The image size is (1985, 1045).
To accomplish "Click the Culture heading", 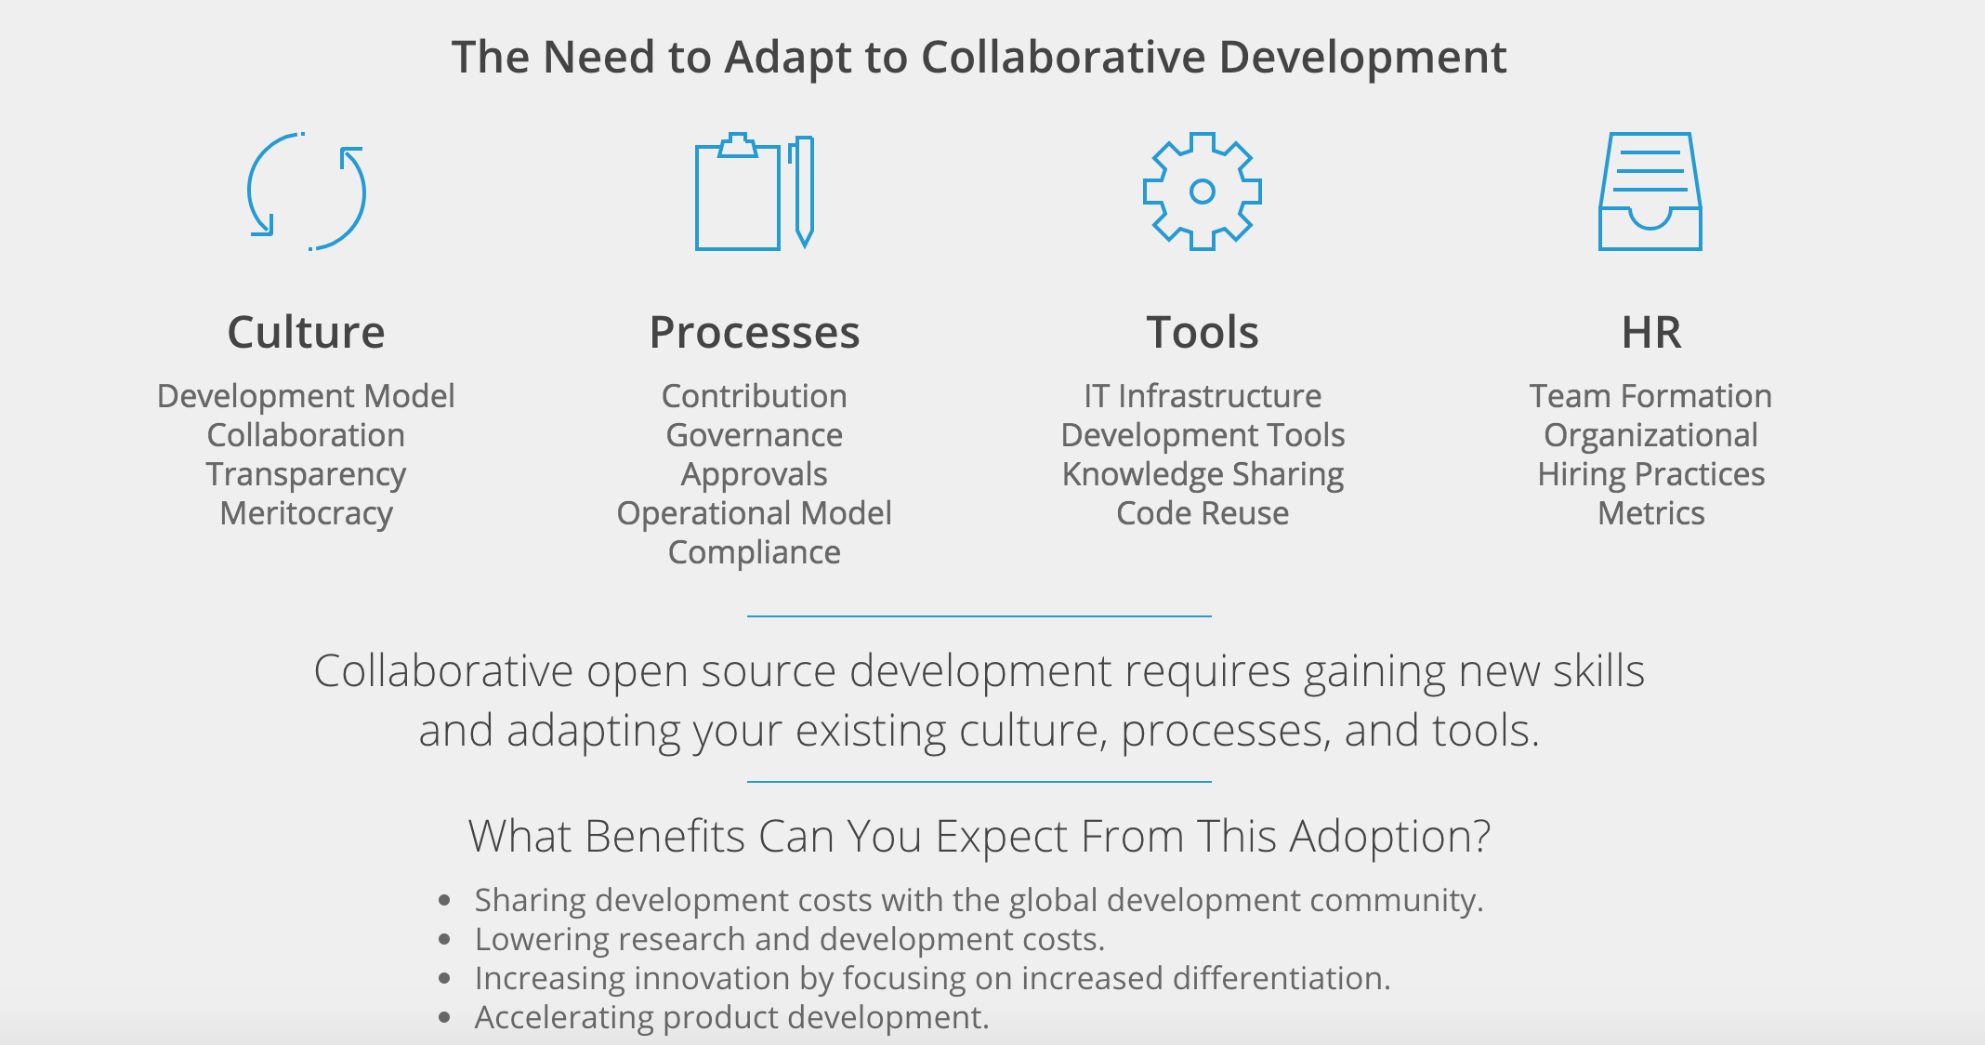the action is (306, 332).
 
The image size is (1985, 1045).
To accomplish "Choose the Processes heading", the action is (755, 332).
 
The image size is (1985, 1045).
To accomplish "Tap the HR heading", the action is (1651, 332).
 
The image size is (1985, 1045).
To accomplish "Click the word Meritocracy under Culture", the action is (306, 513).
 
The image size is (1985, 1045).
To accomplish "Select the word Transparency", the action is (306, 474).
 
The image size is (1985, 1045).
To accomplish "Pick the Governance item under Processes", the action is (755, 435).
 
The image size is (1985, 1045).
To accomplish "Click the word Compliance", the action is (755, 552).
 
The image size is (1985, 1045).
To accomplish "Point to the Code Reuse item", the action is (1203, 513).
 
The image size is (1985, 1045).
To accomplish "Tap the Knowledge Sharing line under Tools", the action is (1203, 474).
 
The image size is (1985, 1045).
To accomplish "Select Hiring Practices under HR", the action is (1651, 474).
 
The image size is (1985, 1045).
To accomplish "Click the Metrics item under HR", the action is (1651, 513).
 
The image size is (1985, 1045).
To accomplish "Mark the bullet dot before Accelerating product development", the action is (445, 1018).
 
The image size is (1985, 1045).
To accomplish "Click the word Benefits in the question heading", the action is (665, 836).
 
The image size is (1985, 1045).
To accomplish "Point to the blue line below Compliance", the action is (979, 615).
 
